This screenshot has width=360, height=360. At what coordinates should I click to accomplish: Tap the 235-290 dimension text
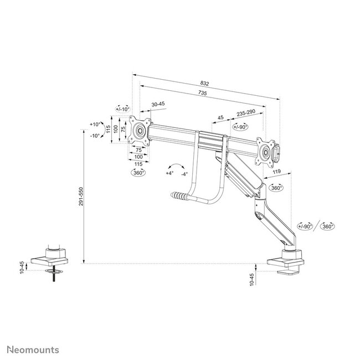pos(245,112)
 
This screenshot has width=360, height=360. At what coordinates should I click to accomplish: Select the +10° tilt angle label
pos(95,124)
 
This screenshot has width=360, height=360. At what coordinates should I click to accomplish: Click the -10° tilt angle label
pos(95,136)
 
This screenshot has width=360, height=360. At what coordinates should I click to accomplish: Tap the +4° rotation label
pos(169,173)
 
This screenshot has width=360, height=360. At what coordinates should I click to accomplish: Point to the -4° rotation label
pos(184,173)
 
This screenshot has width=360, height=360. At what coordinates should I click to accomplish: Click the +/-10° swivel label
pos(122,109)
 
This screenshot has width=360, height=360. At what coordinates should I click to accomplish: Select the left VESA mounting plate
pos(141,132)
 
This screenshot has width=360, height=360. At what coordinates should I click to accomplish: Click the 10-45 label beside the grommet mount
pos(22,267)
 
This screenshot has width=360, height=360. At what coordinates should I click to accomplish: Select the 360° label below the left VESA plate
pos(138,172)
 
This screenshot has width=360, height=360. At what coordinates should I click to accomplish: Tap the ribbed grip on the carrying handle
pos(179,196)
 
